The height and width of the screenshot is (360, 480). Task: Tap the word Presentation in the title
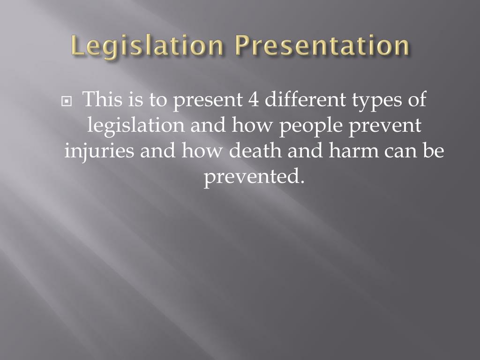click(x=322, y=46)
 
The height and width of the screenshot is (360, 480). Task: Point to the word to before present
click(x=159, y=100)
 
